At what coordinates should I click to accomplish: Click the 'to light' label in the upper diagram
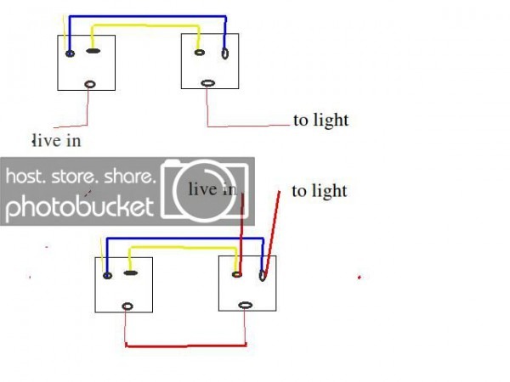click(321, 121)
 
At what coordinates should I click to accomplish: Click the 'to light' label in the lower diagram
click(320, 191)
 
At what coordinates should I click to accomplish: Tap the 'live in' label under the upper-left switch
click(57, 141)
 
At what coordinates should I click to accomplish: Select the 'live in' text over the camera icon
click(212, 189)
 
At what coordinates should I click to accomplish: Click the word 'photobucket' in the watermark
click(80, 207)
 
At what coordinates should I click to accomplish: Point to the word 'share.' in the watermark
click(128, 177)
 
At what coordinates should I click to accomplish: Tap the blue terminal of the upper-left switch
click(70, 53)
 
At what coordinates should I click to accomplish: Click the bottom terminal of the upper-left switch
click(90, 84)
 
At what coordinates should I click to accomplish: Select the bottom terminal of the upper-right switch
click(208, 83)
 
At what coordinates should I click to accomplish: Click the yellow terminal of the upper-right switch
click(200, 53)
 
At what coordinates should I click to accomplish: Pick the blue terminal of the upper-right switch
click(224, 53)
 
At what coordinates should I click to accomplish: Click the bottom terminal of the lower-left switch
click(127, 306)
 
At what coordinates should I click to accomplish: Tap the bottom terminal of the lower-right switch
click(246, 306)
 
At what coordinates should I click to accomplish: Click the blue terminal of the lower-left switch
click(107, 276)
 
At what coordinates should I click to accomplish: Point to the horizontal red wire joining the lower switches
click(185, 345)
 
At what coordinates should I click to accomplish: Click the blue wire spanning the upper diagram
click(147, 16)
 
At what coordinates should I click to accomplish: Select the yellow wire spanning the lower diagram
click(184, 248)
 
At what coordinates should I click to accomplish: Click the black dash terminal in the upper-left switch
click(93, 51)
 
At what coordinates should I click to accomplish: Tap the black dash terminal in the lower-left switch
click(131, 273)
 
